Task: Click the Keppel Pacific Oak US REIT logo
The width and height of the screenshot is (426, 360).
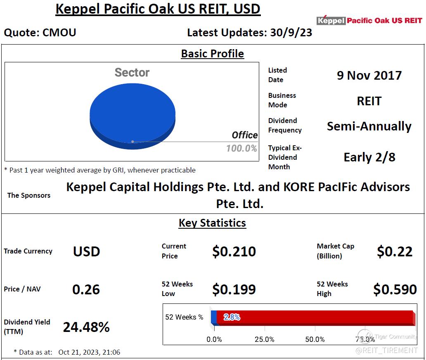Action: pos(369,20)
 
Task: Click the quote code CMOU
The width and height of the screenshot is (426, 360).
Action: pos(59,33)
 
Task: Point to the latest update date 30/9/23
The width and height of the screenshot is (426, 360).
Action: pos(291,33)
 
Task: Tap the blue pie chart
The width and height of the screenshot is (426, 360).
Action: pos(133,116)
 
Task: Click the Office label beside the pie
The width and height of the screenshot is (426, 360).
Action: pos(244,135)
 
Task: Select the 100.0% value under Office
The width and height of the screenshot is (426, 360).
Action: pos(241,148)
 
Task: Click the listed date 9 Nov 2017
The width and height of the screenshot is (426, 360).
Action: pos(369,75)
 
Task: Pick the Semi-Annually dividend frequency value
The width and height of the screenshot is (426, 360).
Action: pos(369,126)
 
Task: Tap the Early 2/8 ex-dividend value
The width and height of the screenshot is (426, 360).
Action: pos(369,157)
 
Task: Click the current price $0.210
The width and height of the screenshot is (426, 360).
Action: pos(234,251)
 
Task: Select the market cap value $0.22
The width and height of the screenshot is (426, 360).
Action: pos(395,251)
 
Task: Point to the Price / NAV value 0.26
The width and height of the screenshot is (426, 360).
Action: pos(86,289)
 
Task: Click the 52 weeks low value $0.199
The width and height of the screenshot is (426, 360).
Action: pos(234,289)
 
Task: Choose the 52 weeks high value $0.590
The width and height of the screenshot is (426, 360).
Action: pos(395,289)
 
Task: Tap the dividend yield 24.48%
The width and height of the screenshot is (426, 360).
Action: pos(86,327)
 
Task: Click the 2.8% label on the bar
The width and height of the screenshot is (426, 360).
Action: pos(232,317)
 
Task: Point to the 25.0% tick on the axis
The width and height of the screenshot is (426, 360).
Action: pos(264,339)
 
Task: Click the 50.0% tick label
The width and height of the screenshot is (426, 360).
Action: pos(315,339)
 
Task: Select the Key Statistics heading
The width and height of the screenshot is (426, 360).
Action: pos(212,223)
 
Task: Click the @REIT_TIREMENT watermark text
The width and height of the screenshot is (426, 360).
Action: pos(387,351)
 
